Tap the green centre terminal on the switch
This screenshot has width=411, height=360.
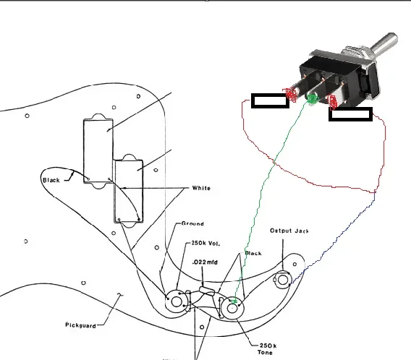click(312, 99)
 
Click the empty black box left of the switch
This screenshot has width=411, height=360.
click(270, 100)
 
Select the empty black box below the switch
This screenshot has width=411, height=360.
click(350, 114)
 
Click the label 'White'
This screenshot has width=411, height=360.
click(201, 188)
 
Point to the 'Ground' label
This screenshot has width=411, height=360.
click(192, 223)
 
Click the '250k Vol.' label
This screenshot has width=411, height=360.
click(205, 243)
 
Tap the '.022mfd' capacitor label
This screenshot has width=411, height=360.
click(205, 262)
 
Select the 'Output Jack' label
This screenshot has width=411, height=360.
click(289, 231)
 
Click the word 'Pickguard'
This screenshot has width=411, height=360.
click(80, 325)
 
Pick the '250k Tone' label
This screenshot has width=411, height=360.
click(267, 349)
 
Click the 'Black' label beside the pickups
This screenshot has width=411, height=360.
click(51, 180)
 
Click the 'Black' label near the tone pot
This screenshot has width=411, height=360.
click(253, 253)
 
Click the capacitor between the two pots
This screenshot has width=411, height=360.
click(207, 291)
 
